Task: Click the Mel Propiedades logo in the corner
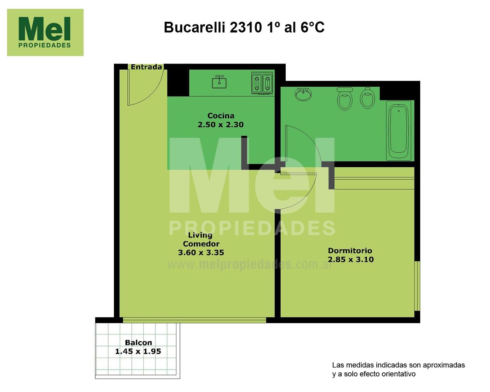click(45, 32)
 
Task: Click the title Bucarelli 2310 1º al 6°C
click(244, 27)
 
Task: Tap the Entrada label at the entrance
click(146, 67)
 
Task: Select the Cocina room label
click(221, 116)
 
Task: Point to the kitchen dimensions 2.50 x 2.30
click(221, 124)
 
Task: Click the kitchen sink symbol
click(219, 82)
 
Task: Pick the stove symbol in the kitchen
click(262, 83)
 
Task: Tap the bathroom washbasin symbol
click(303, 94)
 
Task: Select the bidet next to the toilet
click(367, 98)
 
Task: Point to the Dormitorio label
click(350, 251)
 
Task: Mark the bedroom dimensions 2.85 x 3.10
click(351, 260)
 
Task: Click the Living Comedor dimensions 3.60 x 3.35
click(201, 253)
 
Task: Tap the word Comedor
click(201, 244)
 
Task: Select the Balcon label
click(138, 343)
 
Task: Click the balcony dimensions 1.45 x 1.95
click(138, 351)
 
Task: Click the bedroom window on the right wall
click(417, 286)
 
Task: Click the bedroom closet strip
click(374, 178)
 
